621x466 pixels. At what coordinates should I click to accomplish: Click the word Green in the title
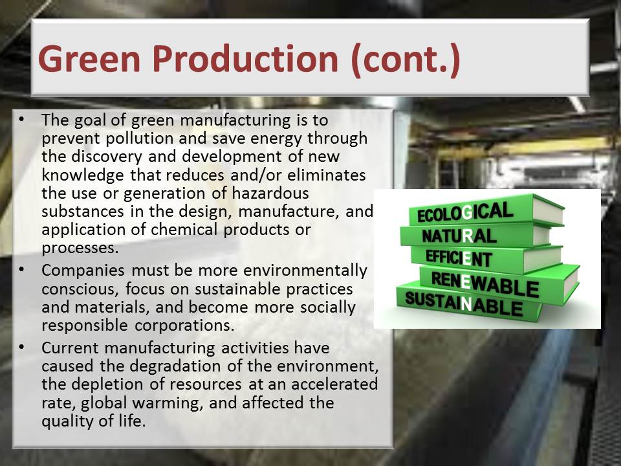[89, 59]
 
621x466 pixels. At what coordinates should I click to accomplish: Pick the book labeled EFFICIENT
[486, 258]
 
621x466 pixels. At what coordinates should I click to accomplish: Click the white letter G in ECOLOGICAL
[468, 213]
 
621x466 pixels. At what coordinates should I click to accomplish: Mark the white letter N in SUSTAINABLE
[467, 304]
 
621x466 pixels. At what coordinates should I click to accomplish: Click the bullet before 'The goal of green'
[21, 119]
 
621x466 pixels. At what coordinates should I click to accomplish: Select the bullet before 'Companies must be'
[21, 269]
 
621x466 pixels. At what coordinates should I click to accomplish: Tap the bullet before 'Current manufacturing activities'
[21, 347]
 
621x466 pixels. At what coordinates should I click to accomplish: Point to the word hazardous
[270, 193]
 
